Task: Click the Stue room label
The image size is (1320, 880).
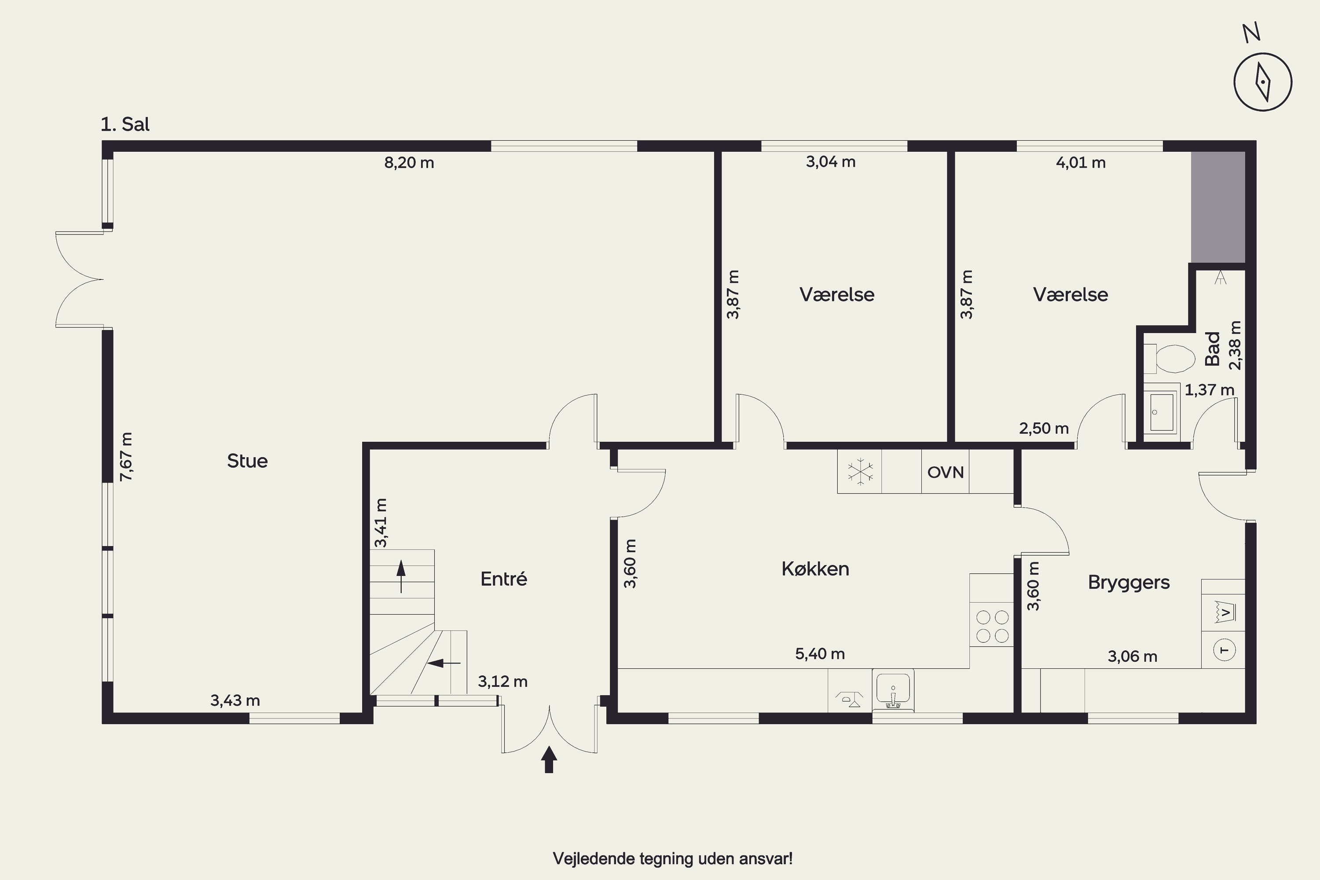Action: point(247,461)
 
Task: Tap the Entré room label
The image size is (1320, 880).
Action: point(503,579)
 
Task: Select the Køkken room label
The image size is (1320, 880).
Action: point(815,569)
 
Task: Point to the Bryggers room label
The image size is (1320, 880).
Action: point(1129,583)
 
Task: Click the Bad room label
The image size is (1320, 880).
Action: point(1213,348)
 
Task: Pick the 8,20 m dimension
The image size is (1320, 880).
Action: point(409,163)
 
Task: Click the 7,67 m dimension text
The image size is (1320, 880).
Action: point(126,456)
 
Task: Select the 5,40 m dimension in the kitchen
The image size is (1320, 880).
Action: point(820,653)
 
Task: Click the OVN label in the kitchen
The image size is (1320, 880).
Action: point(945,472)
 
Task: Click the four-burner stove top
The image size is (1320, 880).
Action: point(992,626)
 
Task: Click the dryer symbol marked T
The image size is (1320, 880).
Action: point(1225,650)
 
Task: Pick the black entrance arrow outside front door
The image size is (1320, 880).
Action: point(549,759)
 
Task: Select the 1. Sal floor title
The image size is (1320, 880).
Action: point(125,124)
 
